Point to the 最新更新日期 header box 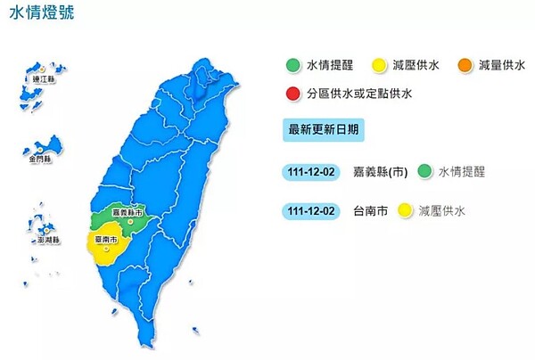pos(324,128)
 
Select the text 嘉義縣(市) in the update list pos(381,170)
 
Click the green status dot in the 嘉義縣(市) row pos(424,170)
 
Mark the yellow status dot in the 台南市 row pos(406,210)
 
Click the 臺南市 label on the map pos(105,239)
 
